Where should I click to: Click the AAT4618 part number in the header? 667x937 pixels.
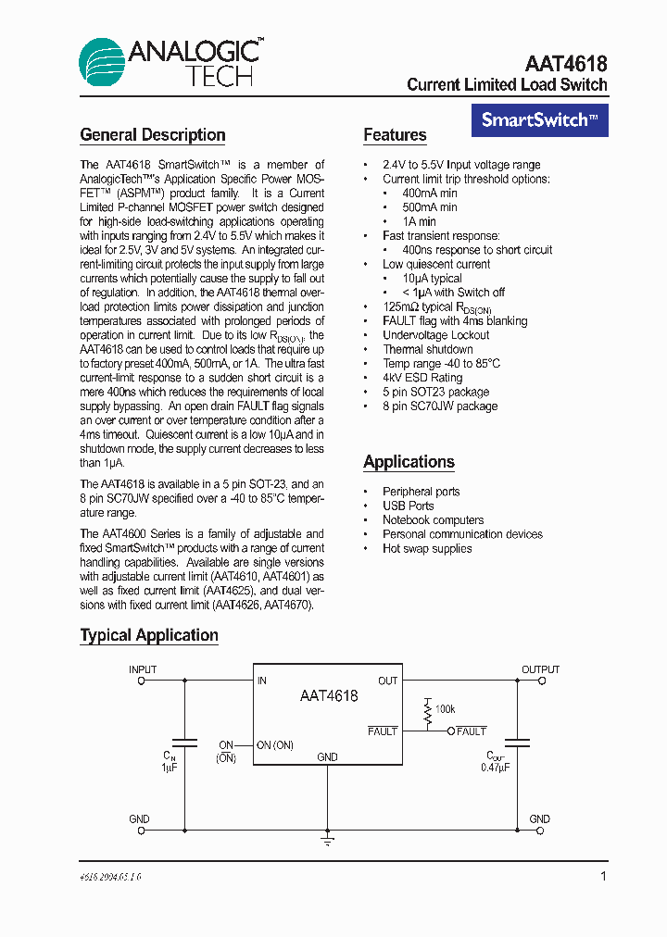565,64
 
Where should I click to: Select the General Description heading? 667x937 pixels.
153,135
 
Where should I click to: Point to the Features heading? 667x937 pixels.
395,135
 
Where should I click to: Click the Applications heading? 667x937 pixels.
409,462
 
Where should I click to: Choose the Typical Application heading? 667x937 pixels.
149,635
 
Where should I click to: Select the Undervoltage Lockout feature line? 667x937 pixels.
436,335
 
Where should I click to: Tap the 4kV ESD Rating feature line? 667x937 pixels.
422,378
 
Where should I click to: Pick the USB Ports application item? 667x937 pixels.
408,506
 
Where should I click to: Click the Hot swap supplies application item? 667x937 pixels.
427,549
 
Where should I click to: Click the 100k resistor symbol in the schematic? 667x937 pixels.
428,710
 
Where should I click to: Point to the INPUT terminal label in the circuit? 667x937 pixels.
143,669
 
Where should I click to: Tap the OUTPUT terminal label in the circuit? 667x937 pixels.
540,669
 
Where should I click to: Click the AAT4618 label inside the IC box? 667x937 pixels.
328,695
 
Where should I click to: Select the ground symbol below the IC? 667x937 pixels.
327,841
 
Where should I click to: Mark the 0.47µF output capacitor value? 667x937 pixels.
496,768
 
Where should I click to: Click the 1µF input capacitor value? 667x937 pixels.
169,768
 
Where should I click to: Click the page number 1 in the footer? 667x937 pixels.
603,876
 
